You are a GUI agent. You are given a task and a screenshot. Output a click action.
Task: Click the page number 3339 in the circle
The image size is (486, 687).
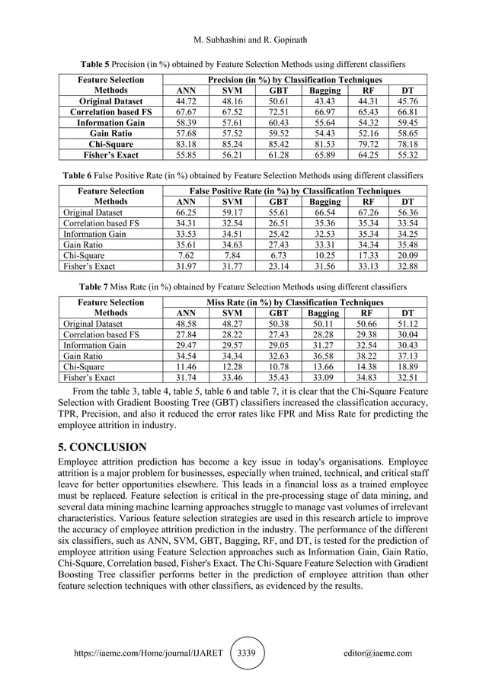(248, 653)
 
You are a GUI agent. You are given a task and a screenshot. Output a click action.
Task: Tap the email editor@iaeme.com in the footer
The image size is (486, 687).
(378, 653)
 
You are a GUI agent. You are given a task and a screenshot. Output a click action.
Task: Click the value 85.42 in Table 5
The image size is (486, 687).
(279, 143)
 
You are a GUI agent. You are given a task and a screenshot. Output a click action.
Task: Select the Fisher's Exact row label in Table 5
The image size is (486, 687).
(111, 154)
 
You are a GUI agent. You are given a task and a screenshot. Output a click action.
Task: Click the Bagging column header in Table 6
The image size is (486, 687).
(325, 202)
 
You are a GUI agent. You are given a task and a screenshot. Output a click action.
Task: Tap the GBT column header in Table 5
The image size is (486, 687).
(279, 90)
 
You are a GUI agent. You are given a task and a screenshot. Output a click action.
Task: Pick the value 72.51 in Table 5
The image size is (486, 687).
(279, 111)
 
